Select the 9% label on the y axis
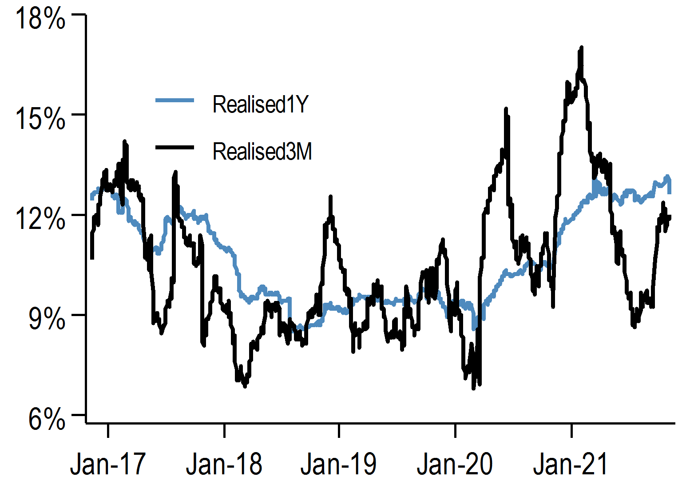tap(46, 319)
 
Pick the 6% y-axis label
tap(46, 419)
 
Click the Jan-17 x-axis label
tap(108, 464)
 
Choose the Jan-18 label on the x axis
tap(224, 464)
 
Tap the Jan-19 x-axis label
tap(338, 464)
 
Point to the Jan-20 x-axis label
tap(455, 464)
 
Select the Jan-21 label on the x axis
tap(571, 464)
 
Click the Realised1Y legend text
tap(260, 104)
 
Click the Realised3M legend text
tap(262, 152)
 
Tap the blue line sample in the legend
tap(174, 100)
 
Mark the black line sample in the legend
tap(174, 147)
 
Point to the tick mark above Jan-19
tap(339, 429)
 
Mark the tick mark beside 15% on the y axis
tap(79, 114)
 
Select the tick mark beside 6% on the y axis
tap(79, 415)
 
